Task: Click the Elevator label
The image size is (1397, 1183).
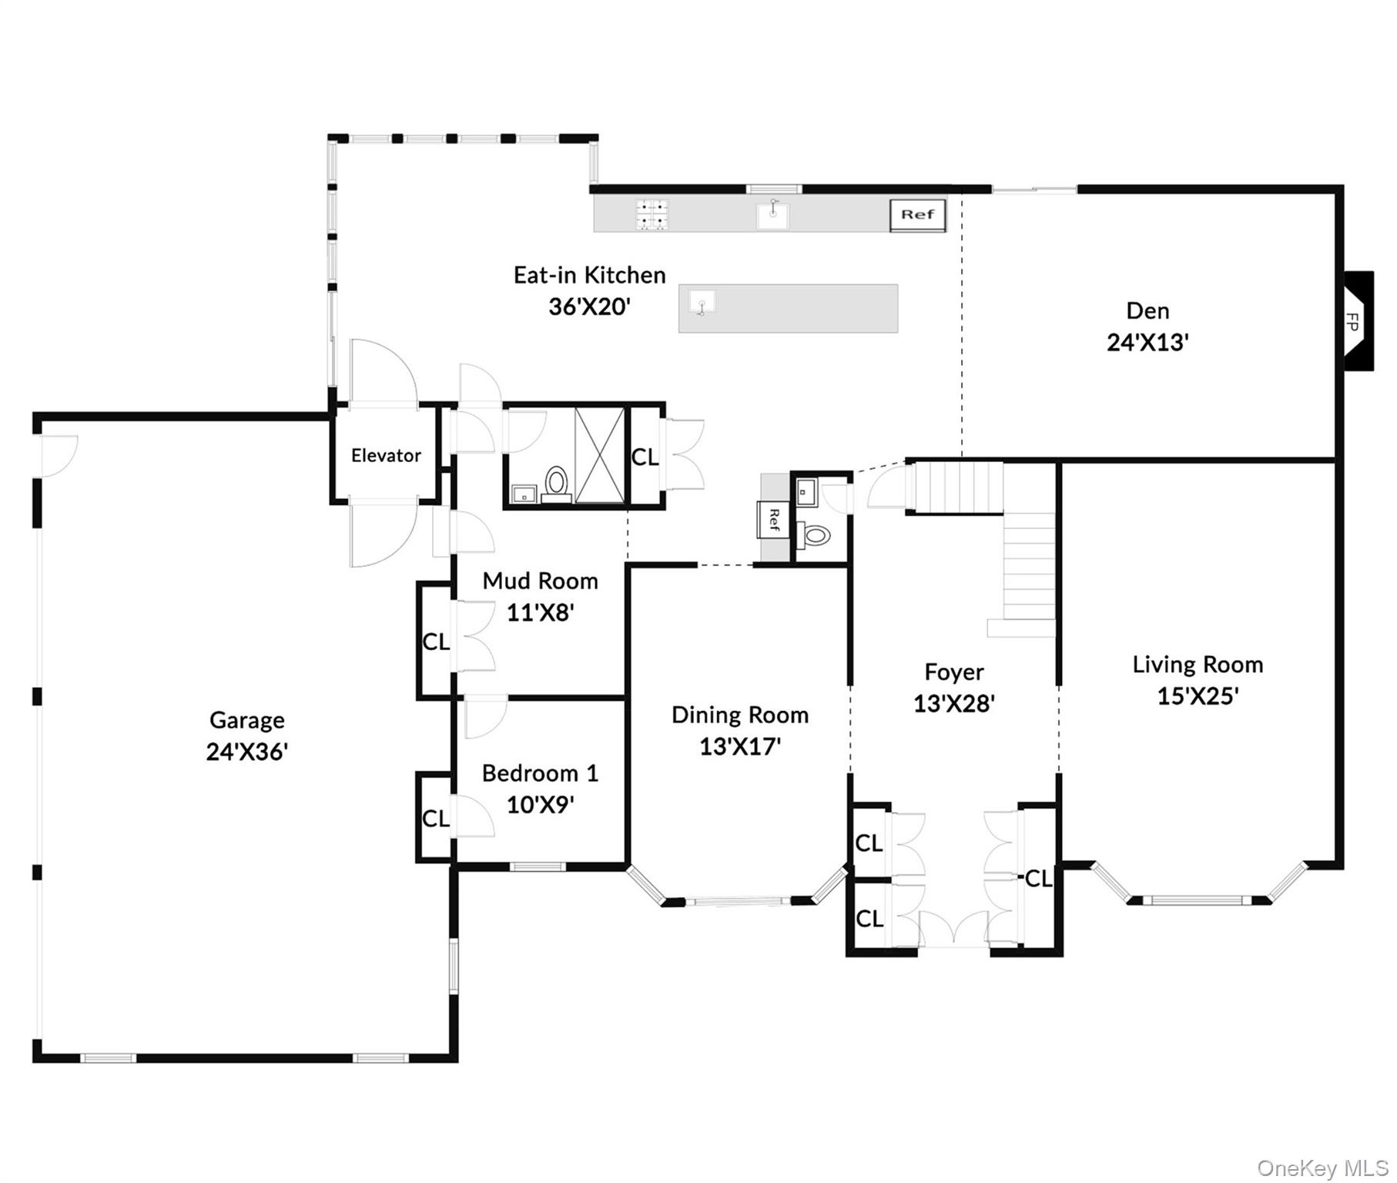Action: (386, 455)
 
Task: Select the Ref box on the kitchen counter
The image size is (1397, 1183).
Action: (917, 215)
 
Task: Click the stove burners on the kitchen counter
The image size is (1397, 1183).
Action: (652, 215)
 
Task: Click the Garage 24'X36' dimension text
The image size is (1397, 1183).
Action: (246, 752)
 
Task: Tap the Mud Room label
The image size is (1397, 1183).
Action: (540, 581)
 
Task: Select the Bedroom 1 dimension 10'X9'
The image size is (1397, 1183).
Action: (540, 805)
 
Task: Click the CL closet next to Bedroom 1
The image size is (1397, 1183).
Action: (435, 818)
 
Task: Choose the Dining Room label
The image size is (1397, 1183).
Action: (740, 715)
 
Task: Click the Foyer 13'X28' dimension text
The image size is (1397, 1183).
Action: (953, 703)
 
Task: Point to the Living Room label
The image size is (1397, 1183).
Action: (1198, 665)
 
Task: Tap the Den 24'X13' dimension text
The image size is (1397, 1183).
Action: (1147, 343)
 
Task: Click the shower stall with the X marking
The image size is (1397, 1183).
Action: (600, 455)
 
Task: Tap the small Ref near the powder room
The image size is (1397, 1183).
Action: (773, 520)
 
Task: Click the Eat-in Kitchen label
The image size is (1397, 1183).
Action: (589, 275)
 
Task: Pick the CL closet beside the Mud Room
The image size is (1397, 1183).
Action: (435, 641)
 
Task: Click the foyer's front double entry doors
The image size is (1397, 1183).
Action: (953, 930)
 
